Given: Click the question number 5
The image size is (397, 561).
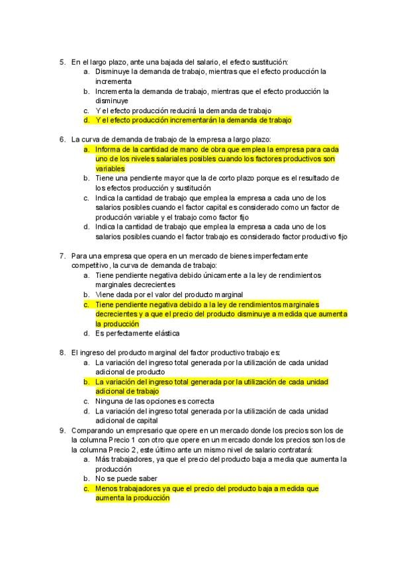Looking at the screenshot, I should pyautogui.click(x=62, y=62).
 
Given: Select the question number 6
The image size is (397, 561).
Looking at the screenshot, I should pyautogui.click(x=62, y=140).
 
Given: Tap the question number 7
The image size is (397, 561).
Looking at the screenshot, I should pyautogui.click(x=62, y=255).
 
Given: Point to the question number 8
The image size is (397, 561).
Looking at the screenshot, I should pyautogui.click(x=62, y=353).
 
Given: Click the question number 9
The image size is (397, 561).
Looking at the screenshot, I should pyautogui.click(x=62, y=430).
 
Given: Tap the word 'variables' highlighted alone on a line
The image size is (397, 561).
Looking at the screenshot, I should pyautogui.click(x=110, y=169).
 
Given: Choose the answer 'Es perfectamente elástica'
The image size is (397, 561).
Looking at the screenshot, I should pyautogui.click(x=137, y=333).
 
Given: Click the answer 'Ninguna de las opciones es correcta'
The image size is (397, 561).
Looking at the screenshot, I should pyautogui.click(x=155, y=401).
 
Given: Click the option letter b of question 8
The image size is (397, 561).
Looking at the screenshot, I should pyautogui.click(x=86, y=382).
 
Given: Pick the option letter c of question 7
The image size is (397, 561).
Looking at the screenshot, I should pyautogui.click(x=86, y=304).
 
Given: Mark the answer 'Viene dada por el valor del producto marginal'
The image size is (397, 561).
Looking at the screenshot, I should pyautogui.click(x=169, y=294).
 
